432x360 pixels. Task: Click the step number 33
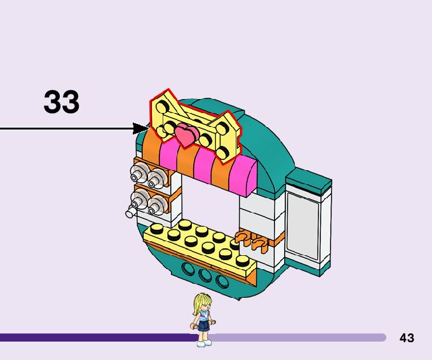62,102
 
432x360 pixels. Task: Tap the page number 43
407,338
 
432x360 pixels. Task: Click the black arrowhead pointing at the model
140,129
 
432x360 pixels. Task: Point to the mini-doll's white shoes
203,343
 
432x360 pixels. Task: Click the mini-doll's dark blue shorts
203,326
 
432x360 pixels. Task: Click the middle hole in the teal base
205,276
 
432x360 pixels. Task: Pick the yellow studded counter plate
200,244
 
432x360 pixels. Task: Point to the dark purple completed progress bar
95,338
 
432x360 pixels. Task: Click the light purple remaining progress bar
299,338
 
